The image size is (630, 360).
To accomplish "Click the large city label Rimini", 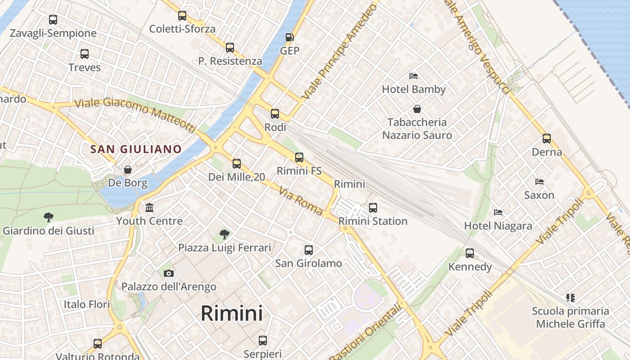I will pos(232,313).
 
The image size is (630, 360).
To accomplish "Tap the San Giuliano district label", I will pos(136,149).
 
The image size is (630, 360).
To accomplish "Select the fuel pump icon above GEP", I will pos(290,37).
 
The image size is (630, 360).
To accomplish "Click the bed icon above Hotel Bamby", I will pos(414,76).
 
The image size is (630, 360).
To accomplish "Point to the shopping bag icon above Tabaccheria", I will pos(417,109).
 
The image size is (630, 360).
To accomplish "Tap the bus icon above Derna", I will pos(547,139).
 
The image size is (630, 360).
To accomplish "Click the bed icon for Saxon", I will pos(539,182).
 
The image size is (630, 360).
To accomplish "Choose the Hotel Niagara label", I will pos(498,225).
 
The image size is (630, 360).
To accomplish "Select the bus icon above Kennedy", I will pos(470,253).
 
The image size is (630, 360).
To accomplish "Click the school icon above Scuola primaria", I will pos(571,297).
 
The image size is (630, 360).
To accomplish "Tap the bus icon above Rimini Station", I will pos(373,208).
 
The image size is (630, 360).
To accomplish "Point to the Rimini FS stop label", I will pos(299,171).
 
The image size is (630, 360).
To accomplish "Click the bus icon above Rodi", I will pos(275,114).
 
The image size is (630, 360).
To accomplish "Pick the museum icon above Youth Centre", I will pos(149,207).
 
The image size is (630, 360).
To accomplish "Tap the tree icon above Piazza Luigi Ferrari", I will pos(225,234).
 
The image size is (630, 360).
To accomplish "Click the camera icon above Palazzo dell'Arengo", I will pos(169,273).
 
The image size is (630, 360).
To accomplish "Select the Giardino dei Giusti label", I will pos(49,231).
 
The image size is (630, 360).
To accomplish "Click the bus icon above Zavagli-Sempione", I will pos(53,20).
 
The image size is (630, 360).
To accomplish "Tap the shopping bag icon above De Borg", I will pos(128,170).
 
